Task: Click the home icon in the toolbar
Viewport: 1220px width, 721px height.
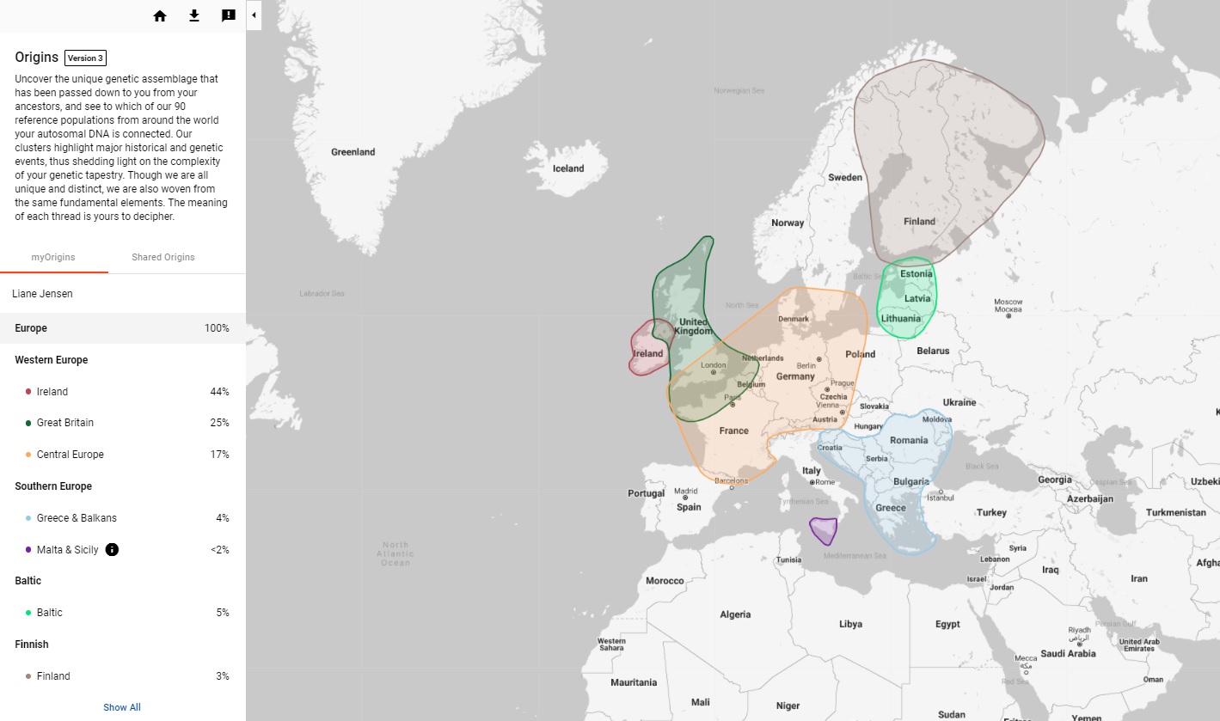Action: coord(160,15)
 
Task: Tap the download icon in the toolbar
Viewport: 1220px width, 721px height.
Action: coord(194,15)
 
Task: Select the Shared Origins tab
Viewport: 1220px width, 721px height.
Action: coord(163,257)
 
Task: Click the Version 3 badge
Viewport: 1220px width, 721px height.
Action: coord(85,58)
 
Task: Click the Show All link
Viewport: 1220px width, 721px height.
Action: coord(122,707)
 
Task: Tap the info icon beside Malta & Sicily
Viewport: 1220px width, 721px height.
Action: coord(112,549)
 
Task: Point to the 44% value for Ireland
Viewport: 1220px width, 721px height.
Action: coord(219,392)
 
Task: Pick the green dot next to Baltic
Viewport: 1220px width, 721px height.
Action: coord(28,613)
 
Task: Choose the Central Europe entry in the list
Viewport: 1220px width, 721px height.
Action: coord(71,455)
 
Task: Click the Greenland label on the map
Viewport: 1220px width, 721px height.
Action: coord(353,152)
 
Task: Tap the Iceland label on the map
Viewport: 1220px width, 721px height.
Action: coord(568,168)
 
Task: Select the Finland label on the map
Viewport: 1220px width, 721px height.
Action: coord(919,222)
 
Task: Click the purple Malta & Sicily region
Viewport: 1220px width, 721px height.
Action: coord(825,530)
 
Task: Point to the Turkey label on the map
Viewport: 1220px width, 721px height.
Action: coord(991,513)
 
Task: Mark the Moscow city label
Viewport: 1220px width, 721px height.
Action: coord(1008,306)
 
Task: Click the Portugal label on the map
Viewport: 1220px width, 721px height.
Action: coord(646,494)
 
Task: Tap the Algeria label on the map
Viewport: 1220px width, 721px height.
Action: coord(735,614)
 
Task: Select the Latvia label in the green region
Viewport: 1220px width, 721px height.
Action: coord(917,299)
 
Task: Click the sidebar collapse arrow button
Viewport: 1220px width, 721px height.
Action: coord(254,15)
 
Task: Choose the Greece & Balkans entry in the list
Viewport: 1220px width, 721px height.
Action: coord(77,518)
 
